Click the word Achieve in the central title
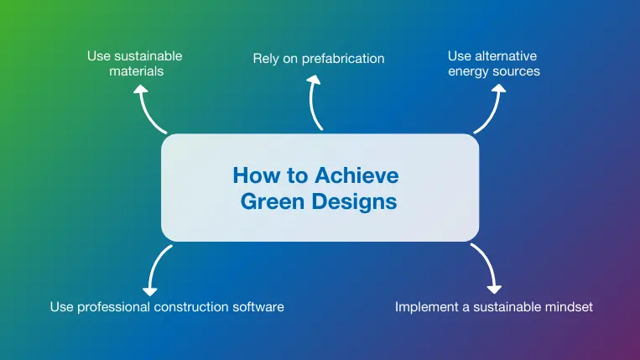[x=356, y=175]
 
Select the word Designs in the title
[x=352, y=201]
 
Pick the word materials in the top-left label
[x=136, y=71]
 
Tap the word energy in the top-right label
[x=468, y=71]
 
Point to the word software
[x=258, y=307]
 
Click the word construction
[x=195, y=307]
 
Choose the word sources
[x=516, y=71]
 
